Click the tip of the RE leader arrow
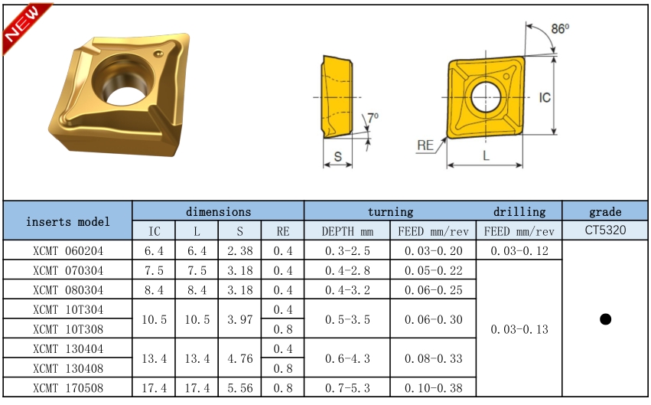[447, 138]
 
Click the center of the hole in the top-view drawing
[486, 97]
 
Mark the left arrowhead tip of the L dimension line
[448, 165]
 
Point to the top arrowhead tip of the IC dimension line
[555, 57]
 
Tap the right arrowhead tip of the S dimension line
[352, 165]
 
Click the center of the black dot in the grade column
[605, 319]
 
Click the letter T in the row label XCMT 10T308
[80, 329]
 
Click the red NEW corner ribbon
[25, 27]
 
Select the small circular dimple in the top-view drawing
[506, 77]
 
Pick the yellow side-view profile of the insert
[337, 96]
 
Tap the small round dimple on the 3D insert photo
[158, 54]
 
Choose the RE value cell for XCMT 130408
[283, 368]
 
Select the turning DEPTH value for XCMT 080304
[347, 290]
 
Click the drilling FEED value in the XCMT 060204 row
[519, 251]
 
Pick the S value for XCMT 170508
[240, 388]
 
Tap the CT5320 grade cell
[605, 230]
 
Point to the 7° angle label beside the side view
[373, 117]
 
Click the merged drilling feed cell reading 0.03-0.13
[519, 329]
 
